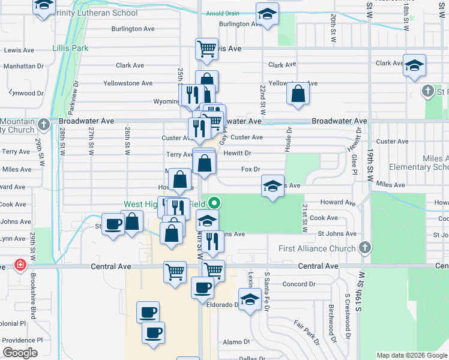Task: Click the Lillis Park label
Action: coord(70,47)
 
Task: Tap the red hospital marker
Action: coord(20,265)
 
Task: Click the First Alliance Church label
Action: coord(318,248)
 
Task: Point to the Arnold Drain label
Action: coord(223,13)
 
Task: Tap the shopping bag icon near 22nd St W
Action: coord(298,94)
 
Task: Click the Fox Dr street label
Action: coord(250,170)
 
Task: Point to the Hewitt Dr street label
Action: coord(237,154)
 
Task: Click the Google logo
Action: coord(20,352)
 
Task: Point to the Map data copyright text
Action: coord(411,355)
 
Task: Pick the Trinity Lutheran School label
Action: coord(100,13)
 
